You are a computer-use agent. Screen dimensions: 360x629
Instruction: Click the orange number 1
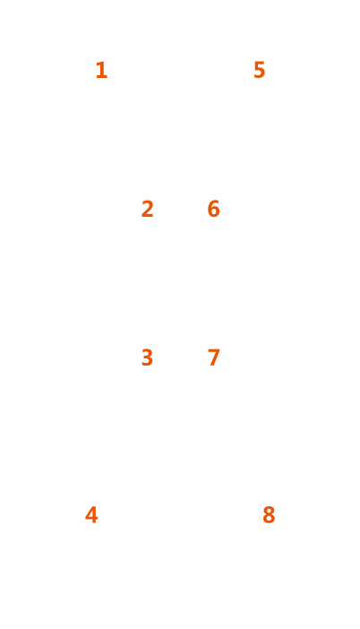point(102,70)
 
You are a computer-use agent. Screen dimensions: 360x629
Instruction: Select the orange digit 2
point(147,209)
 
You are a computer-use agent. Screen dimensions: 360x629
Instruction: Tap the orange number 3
point(147,358)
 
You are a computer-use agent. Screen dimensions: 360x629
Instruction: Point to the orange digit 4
point(91,514)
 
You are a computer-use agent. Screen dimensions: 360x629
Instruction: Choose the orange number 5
point(260,70)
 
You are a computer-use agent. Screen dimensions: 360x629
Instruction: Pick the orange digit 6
point(214,209)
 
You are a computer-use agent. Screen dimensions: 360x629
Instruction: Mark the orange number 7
point(214,358)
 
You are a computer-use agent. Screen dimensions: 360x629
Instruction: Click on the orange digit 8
point(269,514)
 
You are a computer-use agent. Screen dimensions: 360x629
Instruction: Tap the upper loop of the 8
point(269,510)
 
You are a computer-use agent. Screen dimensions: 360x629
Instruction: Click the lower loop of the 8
point(269,519)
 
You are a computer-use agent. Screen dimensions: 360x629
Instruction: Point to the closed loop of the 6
point(214,212)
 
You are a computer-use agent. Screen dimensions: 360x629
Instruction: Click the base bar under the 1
point(102,77)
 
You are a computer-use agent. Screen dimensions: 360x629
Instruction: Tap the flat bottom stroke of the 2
point(148,216)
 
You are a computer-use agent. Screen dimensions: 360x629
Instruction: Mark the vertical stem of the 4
point(94,514)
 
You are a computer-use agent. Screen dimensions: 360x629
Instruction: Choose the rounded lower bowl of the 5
point(261,73)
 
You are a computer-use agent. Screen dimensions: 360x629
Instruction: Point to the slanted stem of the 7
point(214,359)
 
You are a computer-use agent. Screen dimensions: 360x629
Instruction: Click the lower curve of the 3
point(149,361)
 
